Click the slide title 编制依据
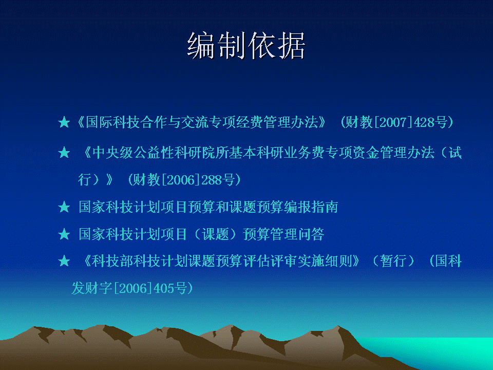[246, 46]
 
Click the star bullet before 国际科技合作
[64, 122]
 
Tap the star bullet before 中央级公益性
[64, 153]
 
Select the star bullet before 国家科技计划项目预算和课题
[64, 207]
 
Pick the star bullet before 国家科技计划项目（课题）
[64, 234]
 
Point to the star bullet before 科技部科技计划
[64, 261]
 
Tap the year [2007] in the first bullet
[393, 122]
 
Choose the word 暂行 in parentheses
[393, 261]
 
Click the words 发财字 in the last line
[92, 288]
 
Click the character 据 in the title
[291, 46]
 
